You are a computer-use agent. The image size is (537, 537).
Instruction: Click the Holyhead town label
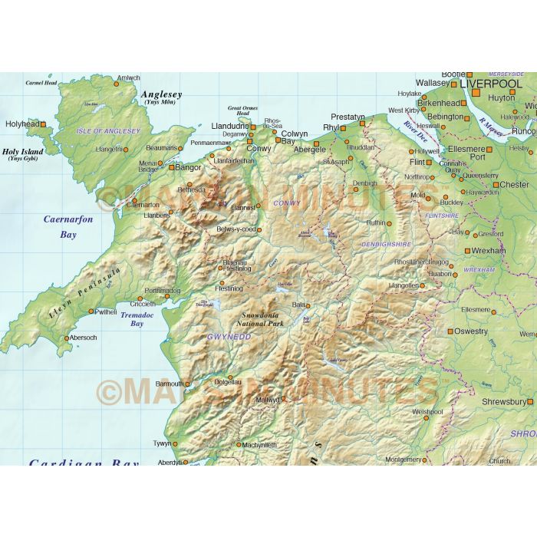(21, 124)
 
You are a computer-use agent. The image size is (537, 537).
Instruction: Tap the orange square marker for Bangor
(172, 166)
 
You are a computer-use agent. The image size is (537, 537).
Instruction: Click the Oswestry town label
(471, 331)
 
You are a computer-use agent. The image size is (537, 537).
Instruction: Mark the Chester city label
(514, 185)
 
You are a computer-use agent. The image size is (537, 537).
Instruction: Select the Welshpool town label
(428, 412)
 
